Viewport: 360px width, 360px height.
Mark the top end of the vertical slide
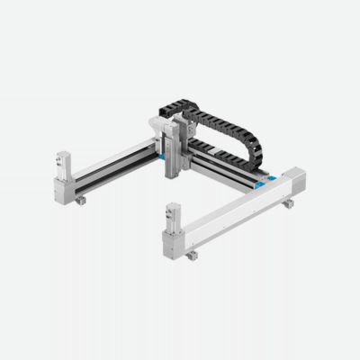pos(172,128)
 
